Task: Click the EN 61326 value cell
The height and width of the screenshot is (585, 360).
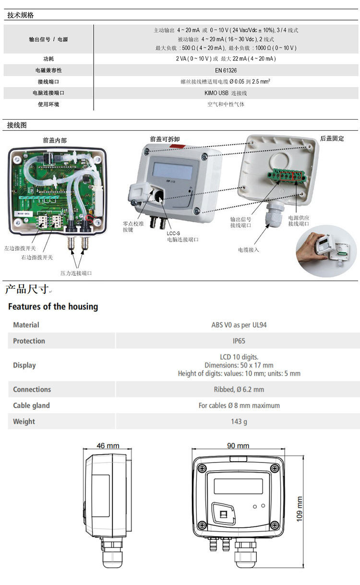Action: point(226,70)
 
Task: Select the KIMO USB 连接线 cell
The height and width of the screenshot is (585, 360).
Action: point(226,93)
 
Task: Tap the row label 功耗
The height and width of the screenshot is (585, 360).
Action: point(48,59)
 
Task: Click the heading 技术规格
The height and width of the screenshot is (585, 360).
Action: point(21,15)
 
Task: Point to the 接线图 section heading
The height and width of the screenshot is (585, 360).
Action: point(17,125)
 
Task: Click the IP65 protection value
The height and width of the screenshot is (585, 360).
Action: point(239,341)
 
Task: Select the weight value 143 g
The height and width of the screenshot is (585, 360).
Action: point(239,422)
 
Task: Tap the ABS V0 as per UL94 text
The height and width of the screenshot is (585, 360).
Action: point(239,325)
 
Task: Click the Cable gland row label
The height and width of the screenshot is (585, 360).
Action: point(31,406)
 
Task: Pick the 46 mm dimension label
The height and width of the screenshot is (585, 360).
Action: point(108,446)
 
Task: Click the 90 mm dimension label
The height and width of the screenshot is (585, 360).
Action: point(238,446)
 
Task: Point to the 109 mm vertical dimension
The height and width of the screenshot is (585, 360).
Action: point(300,509)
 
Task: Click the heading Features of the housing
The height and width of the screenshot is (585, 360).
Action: point(53,306)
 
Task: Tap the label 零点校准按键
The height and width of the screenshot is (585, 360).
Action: point(132,227)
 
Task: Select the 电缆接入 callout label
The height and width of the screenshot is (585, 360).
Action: point(248,250)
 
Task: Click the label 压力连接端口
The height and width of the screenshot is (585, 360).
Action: point(76,273)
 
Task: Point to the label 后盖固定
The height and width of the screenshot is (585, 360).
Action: point(332,138)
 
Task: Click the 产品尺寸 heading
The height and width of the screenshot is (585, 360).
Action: point(27,289)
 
